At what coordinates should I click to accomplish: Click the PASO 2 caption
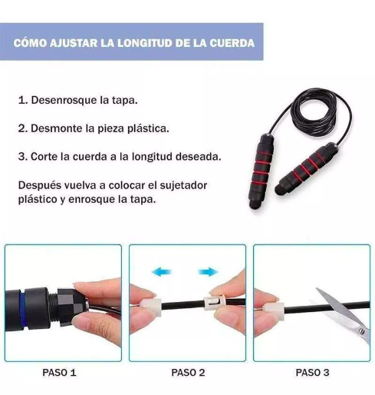pos(187,373)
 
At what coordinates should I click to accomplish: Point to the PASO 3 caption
pos(312,373)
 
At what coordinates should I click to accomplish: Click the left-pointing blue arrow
pos(162,271)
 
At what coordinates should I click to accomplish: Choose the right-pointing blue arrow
pos(208,271)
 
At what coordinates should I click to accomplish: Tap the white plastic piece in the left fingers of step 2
pos(154,301)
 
